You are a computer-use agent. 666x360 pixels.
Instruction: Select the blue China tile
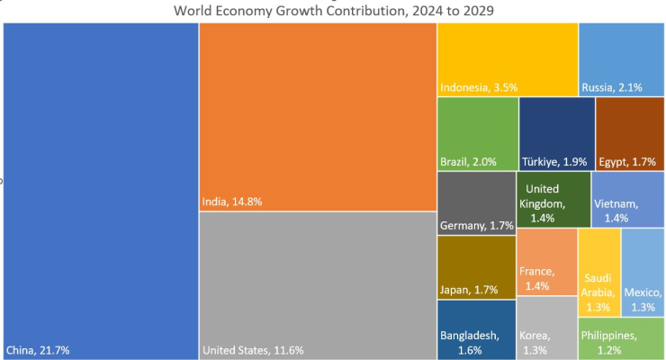tap(101, 180)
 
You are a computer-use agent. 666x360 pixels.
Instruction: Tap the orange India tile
tap(317, 112)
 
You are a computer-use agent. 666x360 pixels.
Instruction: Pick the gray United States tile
tap(317, 283)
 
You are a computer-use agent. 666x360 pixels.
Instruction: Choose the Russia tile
tap(621, 58)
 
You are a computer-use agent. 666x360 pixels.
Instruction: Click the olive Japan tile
tap(475, 265)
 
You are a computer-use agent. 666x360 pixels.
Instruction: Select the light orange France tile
tap(545, 261)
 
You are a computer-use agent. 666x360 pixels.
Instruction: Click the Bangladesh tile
tap(475, 329)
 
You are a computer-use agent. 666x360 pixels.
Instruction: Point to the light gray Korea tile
tap(545, 328)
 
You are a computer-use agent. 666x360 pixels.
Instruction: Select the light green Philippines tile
tap(621, 337)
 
